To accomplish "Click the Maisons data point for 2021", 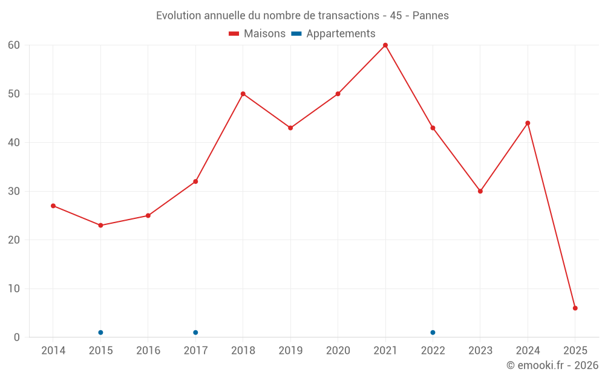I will (x=385, y=45).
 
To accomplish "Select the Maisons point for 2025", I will (x=575, y=308).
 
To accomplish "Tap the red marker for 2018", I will (x=243, y=94).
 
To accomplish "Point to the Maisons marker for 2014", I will (x=53, y=206).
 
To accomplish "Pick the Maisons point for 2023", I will (x=480, y=191).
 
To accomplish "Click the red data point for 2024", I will (x=528, y=123).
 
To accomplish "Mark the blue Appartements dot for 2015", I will (x=100, y=332).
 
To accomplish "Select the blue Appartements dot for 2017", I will (x=195, y=332).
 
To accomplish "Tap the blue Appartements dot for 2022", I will (x=433, y=332).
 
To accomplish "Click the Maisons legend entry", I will (x=257, y=34).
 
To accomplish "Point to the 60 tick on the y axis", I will (x=14, y=45).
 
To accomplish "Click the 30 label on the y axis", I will (x=14, y=191).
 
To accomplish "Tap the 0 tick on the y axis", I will (x=17, y=337).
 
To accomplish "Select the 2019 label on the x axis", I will (x=290, y=350).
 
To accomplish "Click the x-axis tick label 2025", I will (x=575, y=350).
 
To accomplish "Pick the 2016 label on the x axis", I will (x=148, y=350).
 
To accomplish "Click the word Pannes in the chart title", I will (x=430, y=16).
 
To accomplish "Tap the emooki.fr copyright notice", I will (x=552, y=365).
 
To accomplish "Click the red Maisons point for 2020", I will (x=338, y=94).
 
